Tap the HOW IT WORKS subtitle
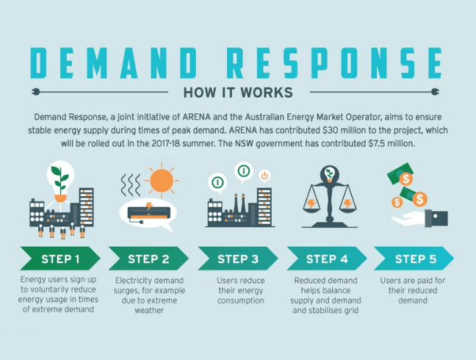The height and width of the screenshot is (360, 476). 237,93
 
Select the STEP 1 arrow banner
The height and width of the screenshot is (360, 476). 59,259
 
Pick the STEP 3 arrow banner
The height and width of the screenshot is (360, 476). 237,259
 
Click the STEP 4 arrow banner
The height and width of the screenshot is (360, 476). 326,259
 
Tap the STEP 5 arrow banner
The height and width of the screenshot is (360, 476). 415,259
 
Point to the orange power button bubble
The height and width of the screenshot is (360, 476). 265,176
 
